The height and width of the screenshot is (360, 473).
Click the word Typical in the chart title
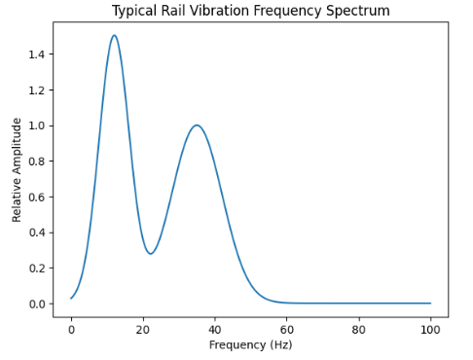pos(135,11)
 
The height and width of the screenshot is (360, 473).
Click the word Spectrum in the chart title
pos(356,11)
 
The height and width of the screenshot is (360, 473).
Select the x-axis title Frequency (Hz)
pos(251,344)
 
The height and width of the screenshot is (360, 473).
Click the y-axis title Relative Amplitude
pos(17,169)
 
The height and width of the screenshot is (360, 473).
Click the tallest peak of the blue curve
pos(114,36)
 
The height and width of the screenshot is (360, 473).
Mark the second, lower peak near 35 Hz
pos(197,126)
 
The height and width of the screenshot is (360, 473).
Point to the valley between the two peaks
pos(151,254)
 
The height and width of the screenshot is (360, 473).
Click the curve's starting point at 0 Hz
pos(71,298)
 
